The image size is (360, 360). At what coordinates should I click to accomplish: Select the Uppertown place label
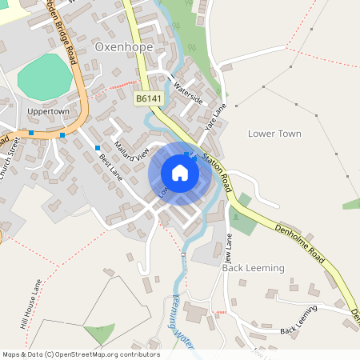[x=47, y=111]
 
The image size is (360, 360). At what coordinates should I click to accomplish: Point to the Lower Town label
[x=274, y=133]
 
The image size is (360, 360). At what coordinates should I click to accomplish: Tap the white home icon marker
[x=180, y=172]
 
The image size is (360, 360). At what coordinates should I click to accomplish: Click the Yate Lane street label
[x=212, y=116]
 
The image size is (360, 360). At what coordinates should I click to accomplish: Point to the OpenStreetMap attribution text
[x=80, y=354]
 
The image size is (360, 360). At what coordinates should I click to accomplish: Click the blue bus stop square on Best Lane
[x=98, y=148]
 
